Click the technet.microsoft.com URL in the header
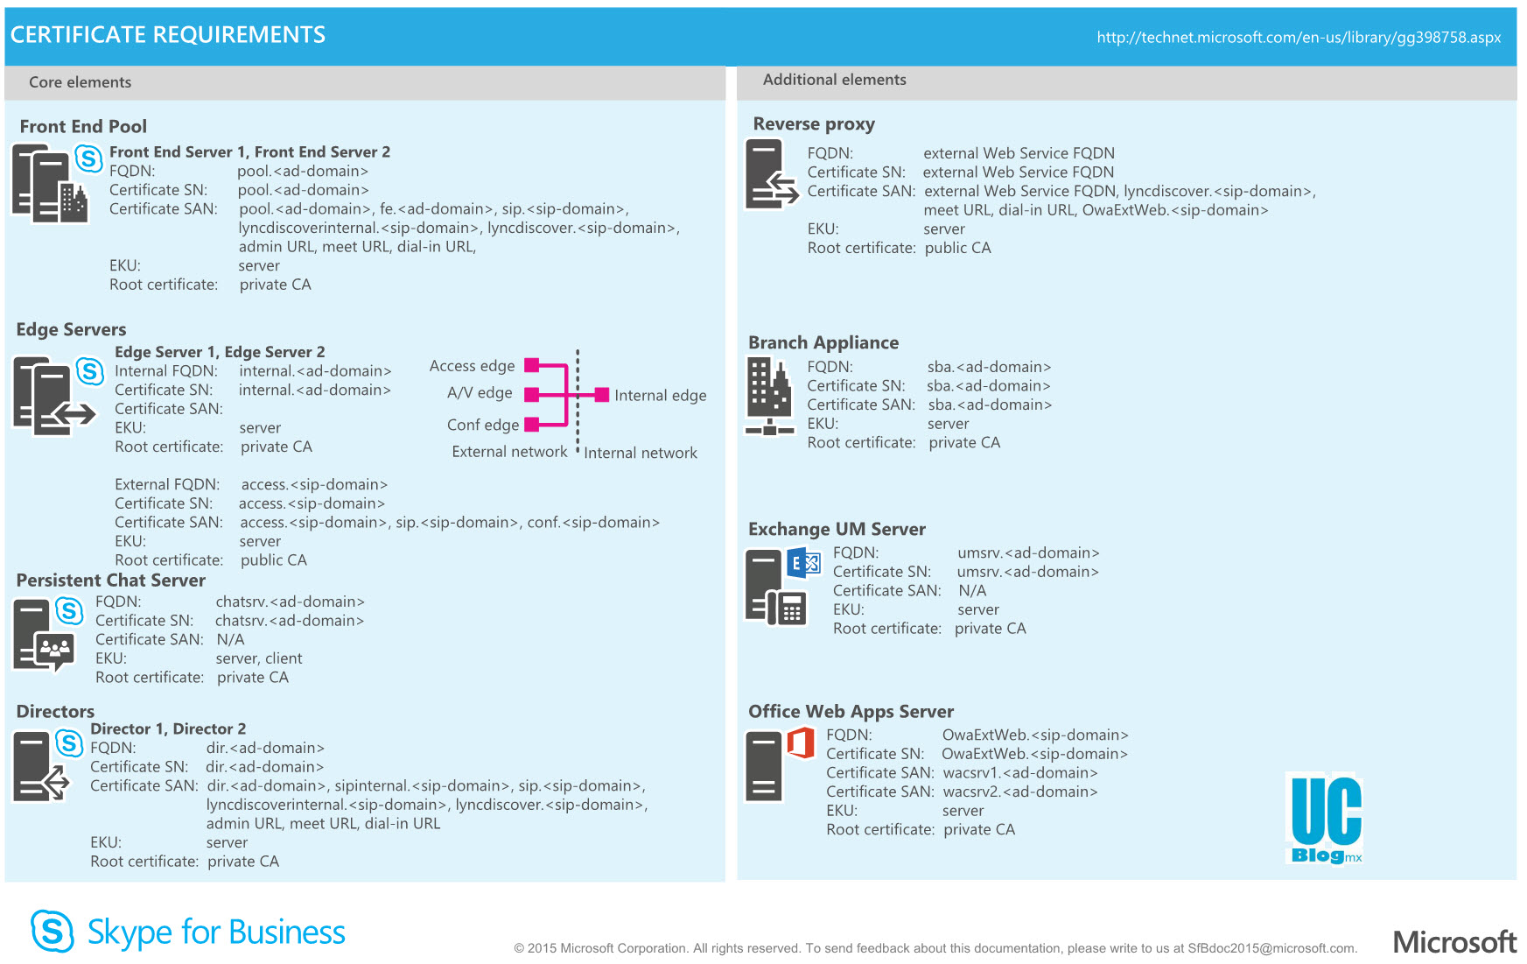pos(1299,38)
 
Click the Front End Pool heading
pos(83,127)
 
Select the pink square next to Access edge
pos(531,365)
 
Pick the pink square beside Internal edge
pos(602,395)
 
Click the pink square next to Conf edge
pos(531,426)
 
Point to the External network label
pos(509,452)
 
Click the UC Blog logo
pos(1327,820)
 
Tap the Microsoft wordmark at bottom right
pos(1454,942)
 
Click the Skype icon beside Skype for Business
pos(52,931)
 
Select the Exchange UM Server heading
pos(837,530)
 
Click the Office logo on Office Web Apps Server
pos(801,742)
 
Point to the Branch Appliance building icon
pos(769,395)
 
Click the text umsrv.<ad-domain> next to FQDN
pos(1028,553)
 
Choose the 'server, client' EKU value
pos(259,658)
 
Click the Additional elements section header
pos(834,80)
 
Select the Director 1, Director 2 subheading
pos(168,729)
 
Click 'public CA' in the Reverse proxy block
pos(957,249)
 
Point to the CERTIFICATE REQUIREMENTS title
pos(168,35)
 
